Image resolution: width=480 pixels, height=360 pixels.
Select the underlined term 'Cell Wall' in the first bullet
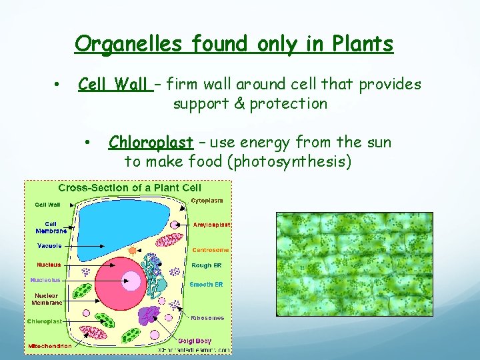click(x=113, y=85)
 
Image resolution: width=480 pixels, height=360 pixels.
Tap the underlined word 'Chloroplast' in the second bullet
click(x=151, y=143)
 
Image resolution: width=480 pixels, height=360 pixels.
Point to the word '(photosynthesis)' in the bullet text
click(x=290, y=161)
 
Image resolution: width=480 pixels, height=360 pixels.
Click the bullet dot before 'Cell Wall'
click(x=59, y=85)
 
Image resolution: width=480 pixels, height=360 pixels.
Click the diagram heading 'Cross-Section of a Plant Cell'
click(x=129, y=188)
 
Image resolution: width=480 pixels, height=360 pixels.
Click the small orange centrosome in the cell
click(x=133, y=251)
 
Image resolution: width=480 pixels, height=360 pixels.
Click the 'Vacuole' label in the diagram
click(x=49, y=245)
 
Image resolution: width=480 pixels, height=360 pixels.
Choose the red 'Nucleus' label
click(x=49, y=265)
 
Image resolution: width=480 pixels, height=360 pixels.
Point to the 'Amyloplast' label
click(x=211, y=225)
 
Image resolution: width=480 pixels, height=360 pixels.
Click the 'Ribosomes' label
click(x=208, y=318)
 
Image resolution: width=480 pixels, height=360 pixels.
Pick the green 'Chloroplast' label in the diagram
click(x=45, y=321)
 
